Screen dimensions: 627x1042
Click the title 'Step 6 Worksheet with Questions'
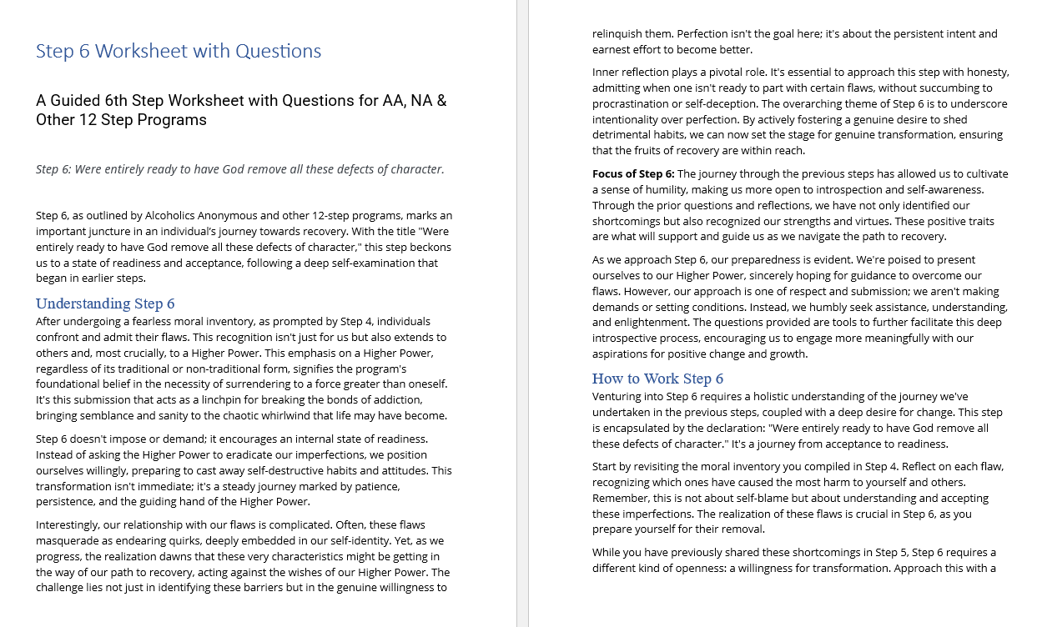coord(179,51)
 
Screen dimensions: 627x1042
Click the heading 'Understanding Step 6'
coord(105,303)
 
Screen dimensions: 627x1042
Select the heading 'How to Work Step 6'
coord(658,379)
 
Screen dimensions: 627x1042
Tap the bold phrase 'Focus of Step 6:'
coord(633,173)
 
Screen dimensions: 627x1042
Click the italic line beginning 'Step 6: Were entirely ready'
coord(240,169)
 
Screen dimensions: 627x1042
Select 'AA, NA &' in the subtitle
coord(415,101)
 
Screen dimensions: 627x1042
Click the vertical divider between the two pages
coord(522,313)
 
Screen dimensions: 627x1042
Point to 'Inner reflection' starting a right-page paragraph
coord(632,72)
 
